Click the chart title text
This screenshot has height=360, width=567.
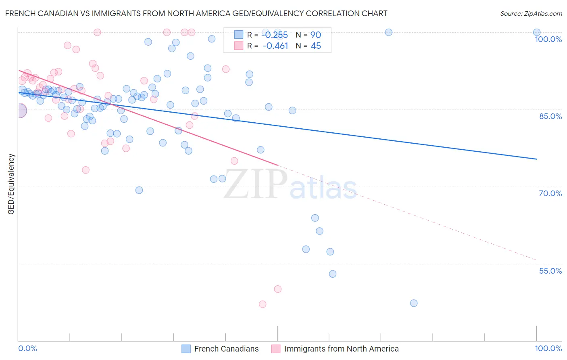196,13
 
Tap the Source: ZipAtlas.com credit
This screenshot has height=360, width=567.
531,13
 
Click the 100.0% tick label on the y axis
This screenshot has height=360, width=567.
548,39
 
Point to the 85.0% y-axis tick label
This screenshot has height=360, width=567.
550,116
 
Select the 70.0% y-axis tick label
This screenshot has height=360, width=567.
550,193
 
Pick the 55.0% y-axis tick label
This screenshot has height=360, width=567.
550,271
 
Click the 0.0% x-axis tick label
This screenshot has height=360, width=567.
27,348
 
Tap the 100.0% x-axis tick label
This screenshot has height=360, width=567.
548,348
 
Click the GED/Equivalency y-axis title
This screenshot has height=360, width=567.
11,184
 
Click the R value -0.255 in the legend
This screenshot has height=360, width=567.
275,35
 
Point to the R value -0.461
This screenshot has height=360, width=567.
275,46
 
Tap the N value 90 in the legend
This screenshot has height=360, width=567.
315,35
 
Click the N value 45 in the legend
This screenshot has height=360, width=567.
315,46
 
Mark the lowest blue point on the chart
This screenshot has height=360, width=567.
413,303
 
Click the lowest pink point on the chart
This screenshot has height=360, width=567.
263,304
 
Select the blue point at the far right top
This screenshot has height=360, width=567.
536,32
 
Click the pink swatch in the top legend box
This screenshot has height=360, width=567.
238,46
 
